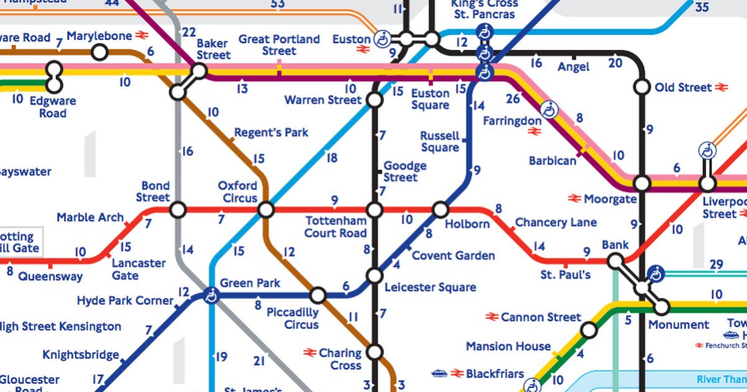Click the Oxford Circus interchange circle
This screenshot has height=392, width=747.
coord(266,210)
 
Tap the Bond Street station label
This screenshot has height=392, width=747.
coord(155,192)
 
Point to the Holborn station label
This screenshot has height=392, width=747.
coord(467,224)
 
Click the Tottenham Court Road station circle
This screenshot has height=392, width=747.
coord(375,210)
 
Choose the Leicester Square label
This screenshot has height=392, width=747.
coord(430,287)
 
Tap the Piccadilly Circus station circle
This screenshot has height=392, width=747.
coord(318,295)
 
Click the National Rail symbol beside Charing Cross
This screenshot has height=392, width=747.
coord(311,353)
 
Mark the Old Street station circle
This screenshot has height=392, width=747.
coord(642,87)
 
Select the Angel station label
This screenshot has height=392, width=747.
coord(573,67)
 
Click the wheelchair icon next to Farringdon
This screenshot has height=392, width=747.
coord(549,110)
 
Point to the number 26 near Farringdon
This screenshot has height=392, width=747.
coord(513,98)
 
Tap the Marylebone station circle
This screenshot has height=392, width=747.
coord(100,52)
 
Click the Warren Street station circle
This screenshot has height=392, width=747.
coord(375,100)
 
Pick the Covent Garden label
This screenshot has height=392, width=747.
coord(453,256)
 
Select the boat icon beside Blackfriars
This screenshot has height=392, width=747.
coord(439,373)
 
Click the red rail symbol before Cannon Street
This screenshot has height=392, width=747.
coord(492,317)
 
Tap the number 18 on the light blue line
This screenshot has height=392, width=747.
coord(332,158)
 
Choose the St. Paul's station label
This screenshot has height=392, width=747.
coord(565,274)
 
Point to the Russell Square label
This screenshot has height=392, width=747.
coord(439,142)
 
